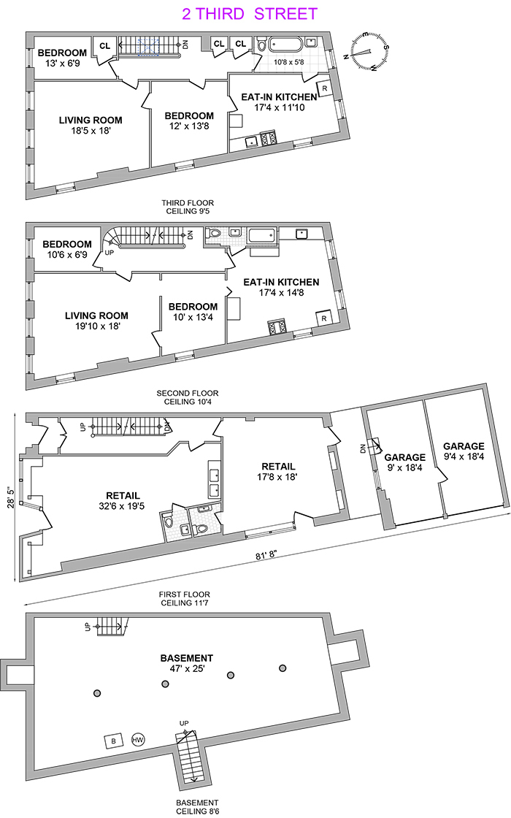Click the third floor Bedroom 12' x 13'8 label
[x=189, y=122]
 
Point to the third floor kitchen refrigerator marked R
[x=324, y=88]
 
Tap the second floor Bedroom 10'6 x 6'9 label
[x=67, y=250]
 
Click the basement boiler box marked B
[x=113, y=741]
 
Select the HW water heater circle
[x=137, y=741]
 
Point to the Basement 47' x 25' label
[x=187, y=664]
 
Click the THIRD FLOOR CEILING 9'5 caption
[x=188, y=207]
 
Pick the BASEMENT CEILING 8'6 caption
[x=188, y=806]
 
